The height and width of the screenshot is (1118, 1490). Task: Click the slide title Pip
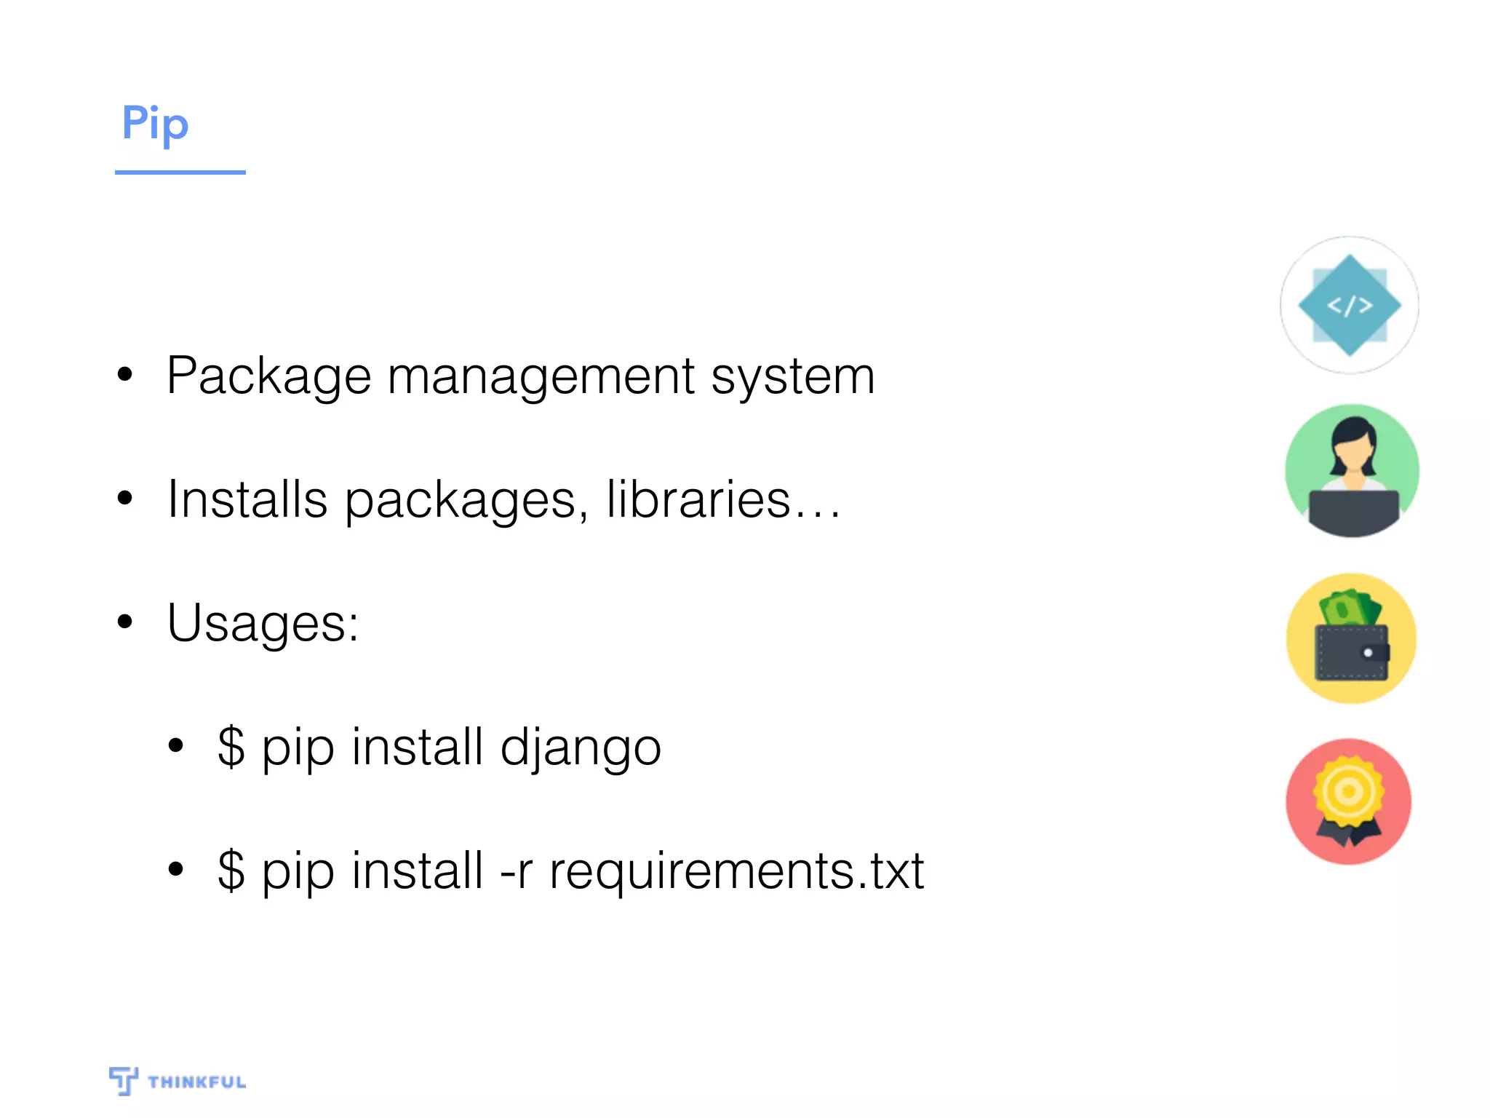155,124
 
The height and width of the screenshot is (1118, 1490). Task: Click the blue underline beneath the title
180,173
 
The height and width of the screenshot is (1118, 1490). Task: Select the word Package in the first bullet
268,377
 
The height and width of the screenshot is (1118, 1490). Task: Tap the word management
541,377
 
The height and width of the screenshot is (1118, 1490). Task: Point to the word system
792,377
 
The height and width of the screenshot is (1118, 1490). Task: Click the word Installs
247,500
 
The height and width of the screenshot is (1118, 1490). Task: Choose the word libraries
698,500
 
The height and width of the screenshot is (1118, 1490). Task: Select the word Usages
262,624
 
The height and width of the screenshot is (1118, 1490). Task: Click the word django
581,748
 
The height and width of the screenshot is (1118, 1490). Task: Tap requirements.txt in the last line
736,871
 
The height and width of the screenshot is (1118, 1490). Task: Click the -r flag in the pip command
516,871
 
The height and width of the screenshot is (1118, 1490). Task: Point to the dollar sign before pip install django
231,747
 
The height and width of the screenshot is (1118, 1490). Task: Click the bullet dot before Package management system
125,375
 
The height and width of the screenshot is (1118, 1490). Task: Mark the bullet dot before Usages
125,622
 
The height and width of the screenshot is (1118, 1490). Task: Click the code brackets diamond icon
1350,305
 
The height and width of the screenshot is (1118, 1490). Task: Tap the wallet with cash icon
1351,638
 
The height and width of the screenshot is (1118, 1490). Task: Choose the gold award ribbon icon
1349,801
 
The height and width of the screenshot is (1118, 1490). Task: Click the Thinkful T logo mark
123,1080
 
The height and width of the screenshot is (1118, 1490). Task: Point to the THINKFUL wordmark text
196,1082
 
